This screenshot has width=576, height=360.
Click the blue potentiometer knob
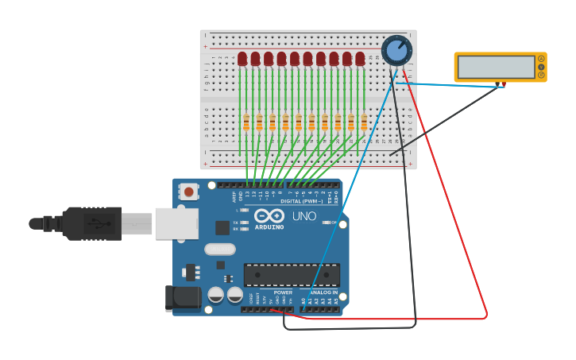click(x=396, y=51)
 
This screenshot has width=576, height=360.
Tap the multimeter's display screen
click(x=497, y=67)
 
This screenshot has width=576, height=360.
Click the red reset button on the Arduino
click(x=188, y=192)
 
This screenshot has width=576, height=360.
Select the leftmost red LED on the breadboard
click(x=242, y=59)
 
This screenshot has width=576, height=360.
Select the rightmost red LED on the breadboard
click(x=360, y=59)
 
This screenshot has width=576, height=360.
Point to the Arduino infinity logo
click(x=269, y=215)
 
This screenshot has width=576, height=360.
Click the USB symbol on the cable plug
click(x=94, y=223)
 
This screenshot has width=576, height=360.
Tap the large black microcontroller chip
click(x=292, y=275)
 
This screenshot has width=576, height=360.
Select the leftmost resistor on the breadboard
click(x=246, y=122)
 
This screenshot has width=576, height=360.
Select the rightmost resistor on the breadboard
click(x=364, y=122)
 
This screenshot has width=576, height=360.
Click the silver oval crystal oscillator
click(x=219, y=250)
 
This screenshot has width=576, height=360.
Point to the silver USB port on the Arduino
click(x=176, y=223)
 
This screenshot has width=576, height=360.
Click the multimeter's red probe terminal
click(x=504, y=83)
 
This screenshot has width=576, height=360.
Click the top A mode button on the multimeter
click(x=542, y=59)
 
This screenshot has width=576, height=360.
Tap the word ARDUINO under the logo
click(x=269, y=227)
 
